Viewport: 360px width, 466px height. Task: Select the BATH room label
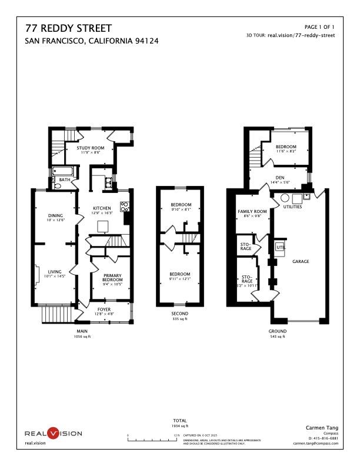(65, 179)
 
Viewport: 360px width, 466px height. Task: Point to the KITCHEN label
(102, 208)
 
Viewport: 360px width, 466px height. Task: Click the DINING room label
(56, 215)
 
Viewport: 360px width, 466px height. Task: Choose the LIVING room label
(56, 272)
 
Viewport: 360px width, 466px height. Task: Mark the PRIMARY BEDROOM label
(112, 278)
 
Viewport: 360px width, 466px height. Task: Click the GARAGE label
(301, 261)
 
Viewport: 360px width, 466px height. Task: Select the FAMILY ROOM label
(252, 211)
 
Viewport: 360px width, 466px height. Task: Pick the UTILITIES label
(292, 207)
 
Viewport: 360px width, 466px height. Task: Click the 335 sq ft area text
(179, 319)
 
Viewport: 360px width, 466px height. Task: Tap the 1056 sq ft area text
(81, 337)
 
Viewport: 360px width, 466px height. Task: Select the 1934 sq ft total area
(180, 425)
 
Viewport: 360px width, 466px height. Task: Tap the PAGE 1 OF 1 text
(319, 27)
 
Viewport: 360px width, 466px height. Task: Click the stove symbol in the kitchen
(124, 207)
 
